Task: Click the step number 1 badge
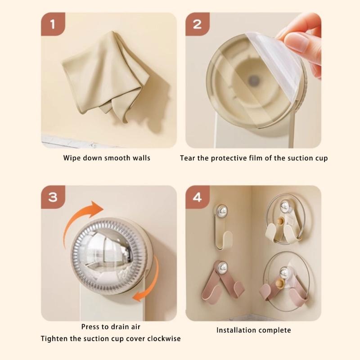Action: pos(53,24)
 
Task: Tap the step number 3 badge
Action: pos(53,197)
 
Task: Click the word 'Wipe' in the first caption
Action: pos(72,158)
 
